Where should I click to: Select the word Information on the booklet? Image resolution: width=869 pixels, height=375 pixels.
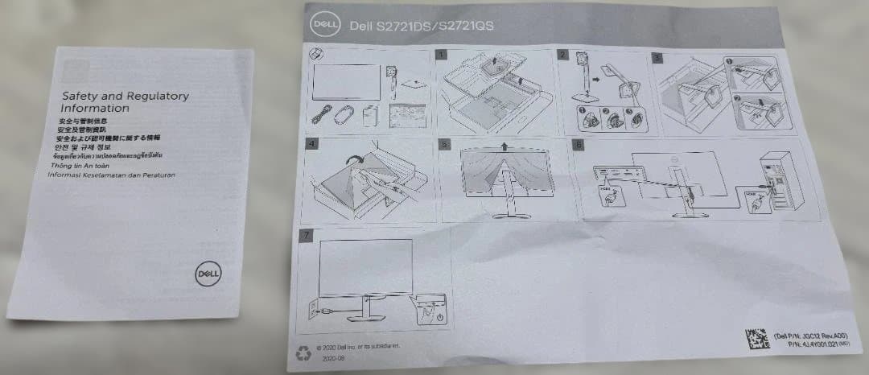[x=95, y=108]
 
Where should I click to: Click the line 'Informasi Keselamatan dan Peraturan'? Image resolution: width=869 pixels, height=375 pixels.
[x=112, y=174]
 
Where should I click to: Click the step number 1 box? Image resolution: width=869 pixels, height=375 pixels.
[x=442, y=55]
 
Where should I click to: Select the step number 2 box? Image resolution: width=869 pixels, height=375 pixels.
[x=563, y=55]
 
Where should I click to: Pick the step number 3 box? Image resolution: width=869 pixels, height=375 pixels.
[x=657, y=57]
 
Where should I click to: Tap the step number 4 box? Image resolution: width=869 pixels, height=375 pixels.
[x=314, y=145]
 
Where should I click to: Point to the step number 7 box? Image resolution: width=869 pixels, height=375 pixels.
[x=303, y=236]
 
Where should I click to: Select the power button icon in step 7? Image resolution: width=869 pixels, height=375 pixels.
[x=439, y=319]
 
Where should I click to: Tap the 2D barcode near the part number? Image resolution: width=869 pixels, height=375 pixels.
[x=754, y=338]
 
